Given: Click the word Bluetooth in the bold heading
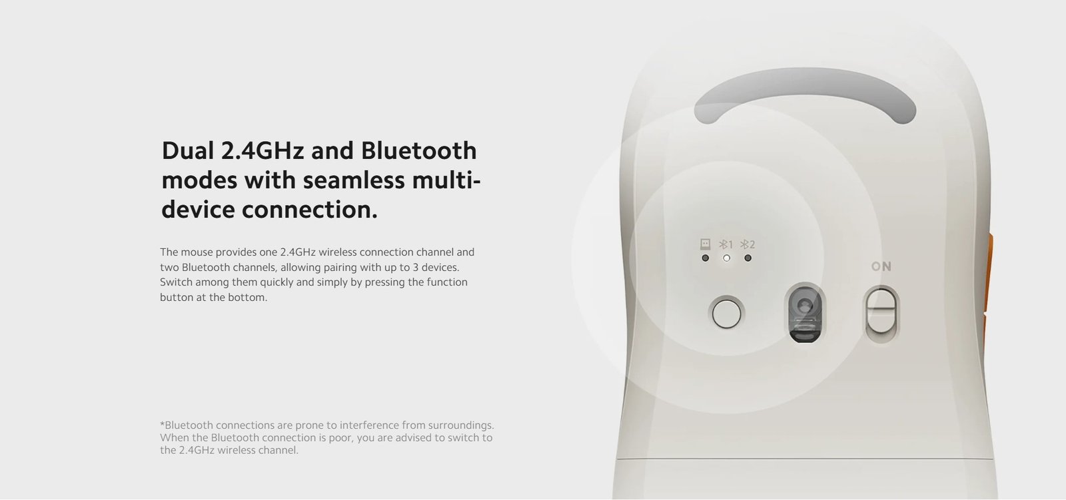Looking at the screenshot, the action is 419,150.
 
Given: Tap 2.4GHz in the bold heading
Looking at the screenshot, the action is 263,150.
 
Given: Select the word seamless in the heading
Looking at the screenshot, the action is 354,180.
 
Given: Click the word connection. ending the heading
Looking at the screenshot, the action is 310,210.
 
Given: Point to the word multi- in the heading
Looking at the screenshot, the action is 446,180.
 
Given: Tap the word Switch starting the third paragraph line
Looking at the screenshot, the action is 176,282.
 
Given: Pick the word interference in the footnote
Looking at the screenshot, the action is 369,425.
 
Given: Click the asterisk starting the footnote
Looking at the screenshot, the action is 163,423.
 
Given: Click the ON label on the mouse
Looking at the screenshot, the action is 881,266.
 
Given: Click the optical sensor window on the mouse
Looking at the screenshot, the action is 805,314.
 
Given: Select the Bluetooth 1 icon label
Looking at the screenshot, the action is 726,244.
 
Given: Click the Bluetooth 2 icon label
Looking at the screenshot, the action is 748,244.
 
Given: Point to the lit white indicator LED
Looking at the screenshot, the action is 726,258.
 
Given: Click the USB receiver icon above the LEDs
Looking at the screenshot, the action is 706,244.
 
